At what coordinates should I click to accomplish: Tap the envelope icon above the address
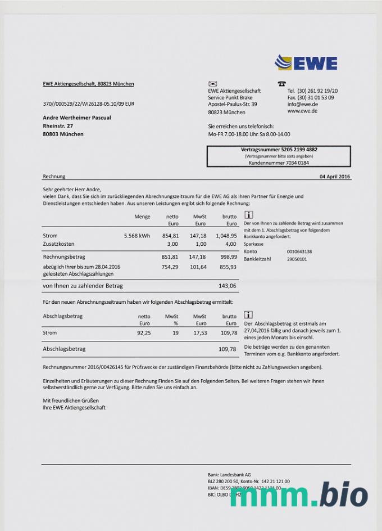pyautogui.click(x=212, y=84)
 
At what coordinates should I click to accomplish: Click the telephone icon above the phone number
pyautogui.click(x=281, y=84)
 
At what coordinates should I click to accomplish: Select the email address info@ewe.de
pyautogui.click(x=303, y=105)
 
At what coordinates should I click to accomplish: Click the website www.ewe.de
pyautogui.click(x=302, y=111)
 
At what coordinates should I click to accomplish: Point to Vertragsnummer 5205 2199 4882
pyautogui.click(x=279, y=150)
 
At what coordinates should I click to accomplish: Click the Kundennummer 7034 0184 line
pyautogui.click(x=279, y=163)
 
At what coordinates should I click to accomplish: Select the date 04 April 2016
pyautogui.click(x=335, y=177)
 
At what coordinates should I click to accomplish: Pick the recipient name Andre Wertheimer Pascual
pyautogui.click(x=77, y=118)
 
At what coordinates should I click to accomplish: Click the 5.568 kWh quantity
pyautogui.click(x=137, y=236)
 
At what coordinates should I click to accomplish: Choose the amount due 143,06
pyautogui.click(x=227, y=286)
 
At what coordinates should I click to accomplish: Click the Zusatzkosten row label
pyautogui.click(x=58, y=244)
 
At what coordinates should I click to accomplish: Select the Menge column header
pyautogui.click(x=142, y=217)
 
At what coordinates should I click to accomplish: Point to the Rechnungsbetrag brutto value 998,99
pyautogui.click(x=227, y=256)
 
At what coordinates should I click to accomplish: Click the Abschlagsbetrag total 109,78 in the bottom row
pyautogui.click(x=227, y=349)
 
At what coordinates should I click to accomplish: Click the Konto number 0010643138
pyautogui.click(x=299, y=251)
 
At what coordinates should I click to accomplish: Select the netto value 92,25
pyautogui.click(x=144, y=333)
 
